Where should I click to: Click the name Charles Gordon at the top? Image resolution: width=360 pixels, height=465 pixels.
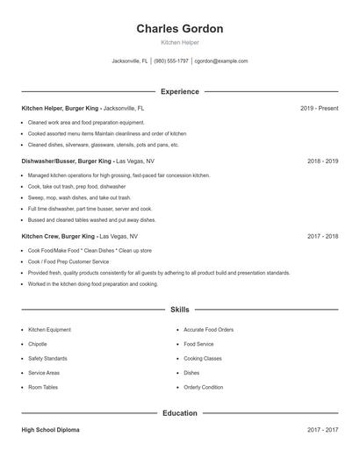pos(179,29)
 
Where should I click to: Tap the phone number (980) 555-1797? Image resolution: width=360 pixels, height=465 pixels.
pos(171,61)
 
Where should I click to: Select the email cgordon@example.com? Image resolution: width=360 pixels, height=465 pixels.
pos(221,61)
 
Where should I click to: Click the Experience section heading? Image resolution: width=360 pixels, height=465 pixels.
pos(179,91)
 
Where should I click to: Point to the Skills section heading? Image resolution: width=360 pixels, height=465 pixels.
pos(179,310)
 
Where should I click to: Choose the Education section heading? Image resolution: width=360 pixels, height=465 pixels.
pos(179,412)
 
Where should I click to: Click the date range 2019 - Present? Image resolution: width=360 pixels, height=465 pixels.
pos(319,108)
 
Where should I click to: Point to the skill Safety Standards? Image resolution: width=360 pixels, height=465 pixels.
pos(47,358)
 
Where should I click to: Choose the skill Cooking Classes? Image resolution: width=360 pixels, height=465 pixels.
pos(203,358)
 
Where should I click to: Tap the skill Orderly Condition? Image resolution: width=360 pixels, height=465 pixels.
pos(204,387)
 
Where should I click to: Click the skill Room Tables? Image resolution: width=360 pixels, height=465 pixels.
pos(43,387)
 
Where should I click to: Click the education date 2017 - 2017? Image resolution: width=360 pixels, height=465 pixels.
pos(322,430)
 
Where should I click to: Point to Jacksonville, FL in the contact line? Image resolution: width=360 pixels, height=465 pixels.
pos(130,61)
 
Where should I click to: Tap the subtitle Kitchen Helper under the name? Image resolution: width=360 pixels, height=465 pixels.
pos(179,42)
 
